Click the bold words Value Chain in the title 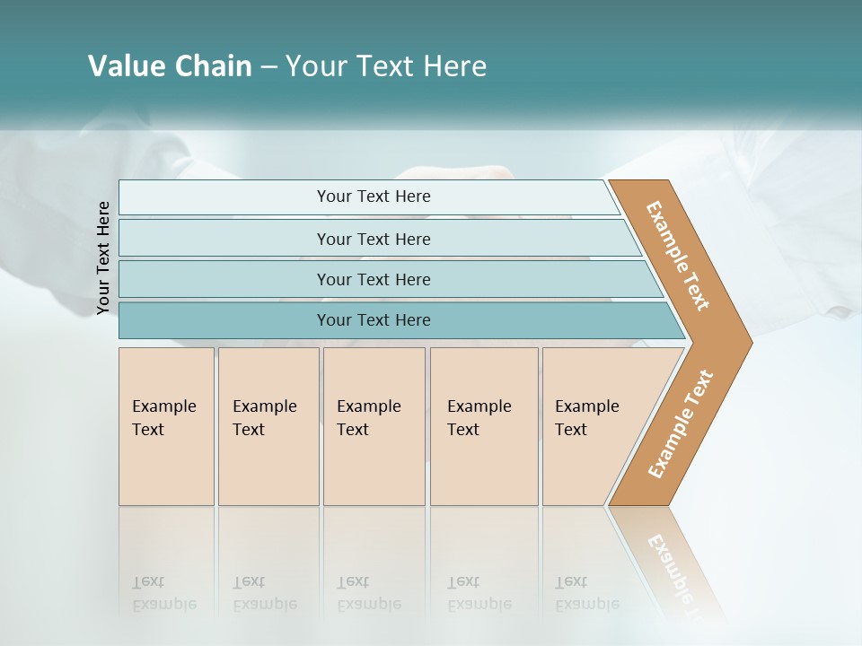[x=170, y=66]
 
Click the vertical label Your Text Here [x=104, y=258]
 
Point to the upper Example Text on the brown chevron [x=678, y=256]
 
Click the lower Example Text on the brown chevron [x=680, y=423]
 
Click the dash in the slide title [x=268, y=66]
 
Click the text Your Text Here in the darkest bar [x=374, y=320]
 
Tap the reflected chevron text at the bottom [x=678, y=574]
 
